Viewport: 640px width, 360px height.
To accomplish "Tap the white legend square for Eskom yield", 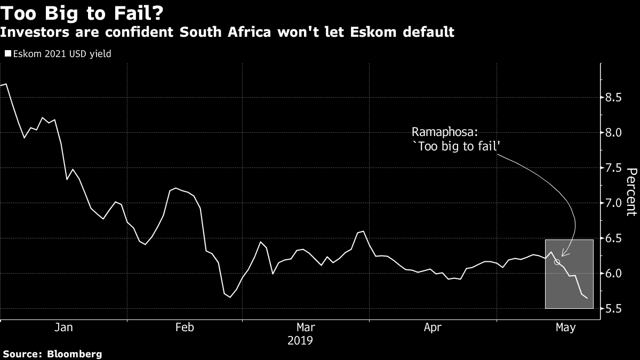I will pos(7,53).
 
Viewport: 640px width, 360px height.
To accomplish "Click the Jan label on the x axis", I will pos(63,327).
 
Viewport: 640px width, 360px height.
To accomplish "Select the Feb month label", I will pos(185,327).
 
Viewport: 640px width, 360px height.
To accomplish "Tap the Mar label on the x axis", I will pos(305,327).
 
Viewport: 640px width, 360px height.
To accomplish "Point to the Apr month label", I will pos(433,327).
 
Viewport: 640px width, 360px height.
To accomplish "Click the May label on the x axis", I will pos(565,327).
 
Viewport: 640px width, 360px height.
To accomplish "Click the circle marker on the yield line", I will pos(557,262).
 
